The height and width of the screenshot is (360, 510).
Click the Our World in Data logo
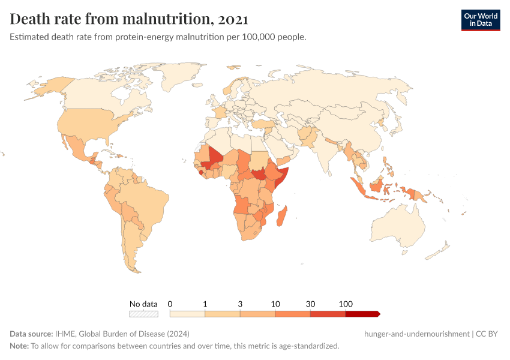click(480, 19)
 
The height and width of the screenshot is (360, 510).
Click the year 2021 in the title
click(233, 19)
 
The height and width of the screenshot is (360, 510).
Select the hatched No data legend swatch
click(144, 314)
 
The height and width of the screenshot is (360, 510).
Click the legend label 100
click(346, 304)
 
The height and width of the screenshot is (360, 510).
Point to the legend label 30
click(310, 304)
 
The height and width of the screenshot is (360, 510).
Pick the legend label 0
click(170, 304)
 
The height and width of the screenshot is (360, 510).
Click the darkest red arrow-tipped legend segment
click(362, 314)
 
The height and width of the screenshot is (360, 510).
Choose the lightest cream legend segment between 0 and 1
click(187, 314)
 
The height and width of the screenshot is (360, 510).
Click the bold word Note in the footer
click(19, 346)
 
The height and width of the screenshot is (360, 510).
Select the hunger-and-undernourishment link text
click(416, 334)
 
